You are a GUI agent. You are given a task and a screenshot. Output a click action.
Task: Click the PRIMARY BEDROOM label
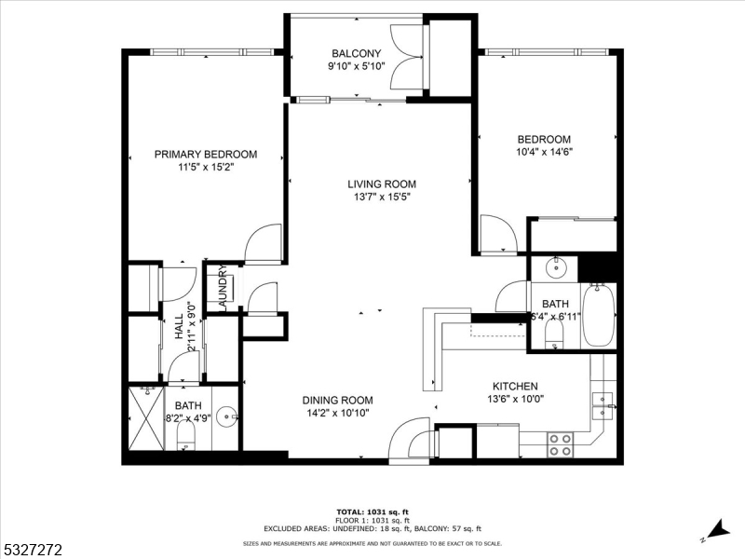[x=205, y=155]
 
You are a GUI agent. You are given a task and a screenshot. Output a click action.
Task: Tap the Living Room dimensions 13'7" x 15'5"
[x=382, y=198]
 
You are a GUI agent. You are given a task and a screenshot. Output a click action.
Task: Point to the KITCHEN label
[x=515, y=386]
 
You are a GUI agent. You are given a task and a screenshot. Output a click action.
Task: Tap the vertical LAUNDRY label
[x=223, y=287]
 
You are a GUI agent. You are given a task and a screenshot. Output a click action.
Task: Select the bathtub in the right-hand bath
[x=599, y=316]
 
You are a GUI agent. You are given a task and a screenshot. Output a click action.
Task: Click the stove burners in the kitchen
[x=560, y=444]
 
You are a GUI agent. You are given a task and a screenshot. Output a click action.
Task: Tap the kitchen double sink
[x=603, y=402]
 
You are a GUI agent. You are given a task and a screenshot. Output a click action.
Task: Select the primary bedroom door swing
[x=264, y=243]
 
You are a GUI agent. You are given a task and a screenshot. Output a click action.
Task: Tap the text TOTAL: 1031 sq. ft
[x=372, y=511]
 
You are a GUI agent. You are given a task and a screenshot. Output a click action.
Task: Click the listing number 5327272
[x=32, y=550]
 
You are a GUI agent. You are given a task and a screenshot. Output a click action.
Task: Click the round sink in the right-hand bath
[x=554, y=267]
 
